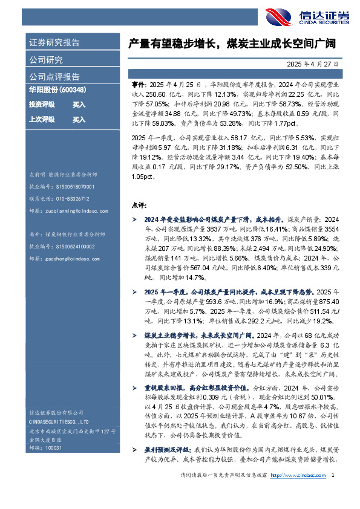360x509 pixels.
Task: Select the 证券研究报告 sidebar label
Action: (x=54, y=43)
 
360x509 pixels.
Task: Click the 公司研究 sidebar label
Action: (x=46, y=60)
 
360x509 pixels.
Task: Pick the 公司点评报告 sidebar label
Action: (x=54, y=77)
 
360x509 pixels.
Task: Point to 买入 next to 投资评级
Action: (x=79, y=105)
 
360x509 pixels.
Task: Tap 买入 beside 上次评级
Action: (x=79, y=120)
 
